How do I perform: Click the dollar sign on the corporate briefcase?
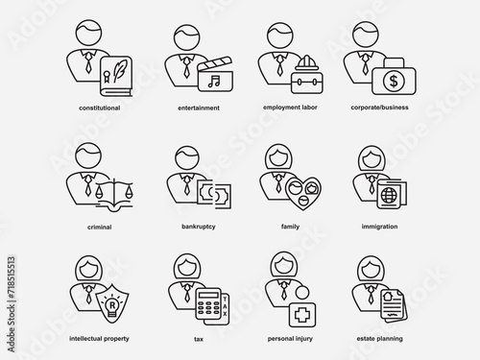[394, 81]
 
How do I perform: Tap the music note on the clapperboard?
[214, 82]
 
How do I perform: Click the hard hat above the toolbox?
[306, 63]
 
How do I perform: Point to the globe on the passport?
[389, 195]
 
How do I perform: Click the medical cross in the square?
[302, 315]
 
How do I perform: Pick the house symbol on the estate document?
[390, 295]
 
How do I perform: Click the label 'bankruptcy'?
[199, 227]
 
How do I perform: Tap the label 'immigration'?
[379, 227]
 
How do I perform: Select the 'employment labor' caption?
[290, 108]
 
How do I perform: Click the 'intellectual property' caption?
[99, 339]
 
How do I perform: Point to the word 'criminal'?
[100, 227]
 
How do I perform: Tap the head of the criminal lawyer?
[88, 156]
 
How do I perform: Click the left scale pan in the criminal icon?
[98, 192]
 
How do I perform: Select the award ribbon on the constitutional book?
[107, 77]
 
